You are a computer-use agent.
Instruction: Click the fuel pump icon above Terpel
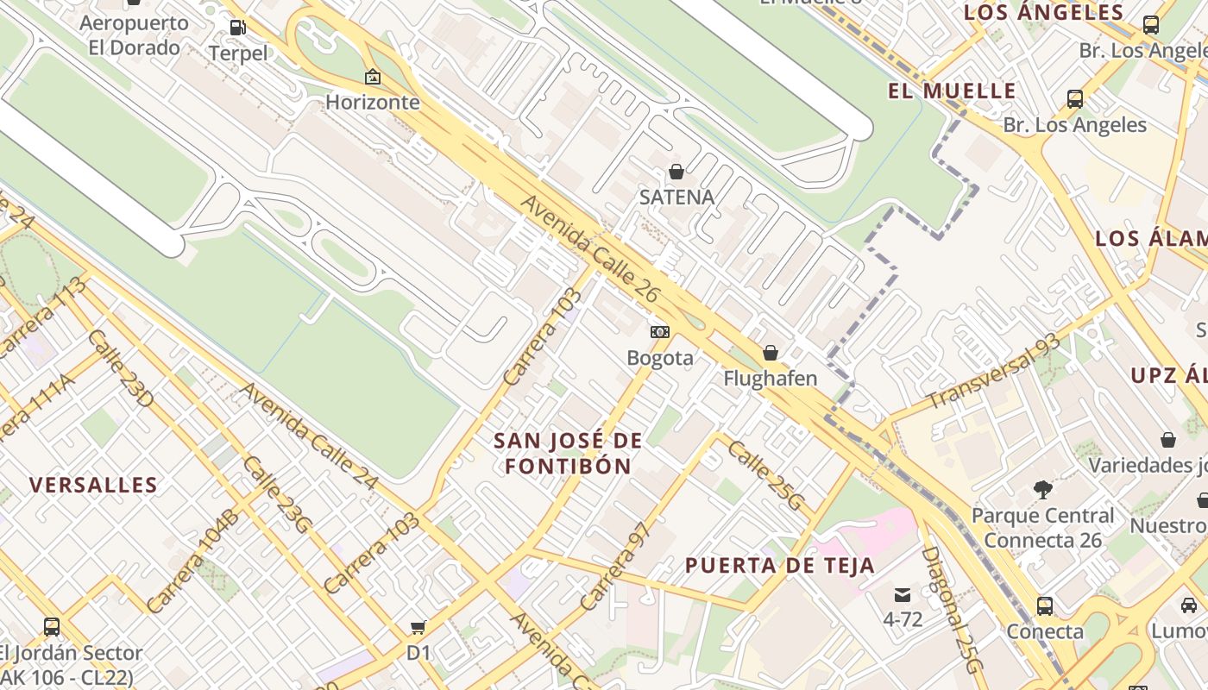(237, 27)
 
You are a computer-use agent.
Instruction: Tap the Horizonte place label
(372, 102)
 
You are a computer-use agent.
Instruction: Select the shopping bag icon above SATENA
(676, 172)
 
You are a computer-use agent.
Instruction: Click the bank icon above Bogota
(660, 332)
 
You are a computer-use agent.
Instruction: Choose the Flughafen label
(770, 379)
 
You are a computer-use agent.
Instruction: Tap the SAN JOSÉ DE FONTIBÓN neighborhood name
(568, 454)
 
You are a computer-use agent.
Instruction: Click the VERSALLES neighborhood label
(94, 485)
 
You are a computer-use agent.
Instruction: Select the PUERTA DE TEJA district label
(780, 566)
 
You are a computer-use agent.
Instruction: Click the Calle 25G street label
(766, 475)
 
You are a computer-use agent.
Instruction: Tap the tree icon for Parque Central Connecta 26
(1043, 490)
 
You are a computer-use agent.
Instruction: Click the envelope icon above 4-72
(903, 594)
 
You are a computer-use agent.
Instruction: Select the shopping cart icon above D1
(418, 627)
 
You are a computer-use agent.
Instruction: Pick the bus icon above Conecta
(1045, 605)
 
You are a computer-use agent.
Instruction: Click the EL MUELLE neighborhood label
(952, 91)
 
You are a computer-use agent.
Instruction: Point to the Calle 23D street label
(120, 368)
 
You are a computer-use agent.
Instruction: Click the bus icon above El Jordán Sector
(52, 627)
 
